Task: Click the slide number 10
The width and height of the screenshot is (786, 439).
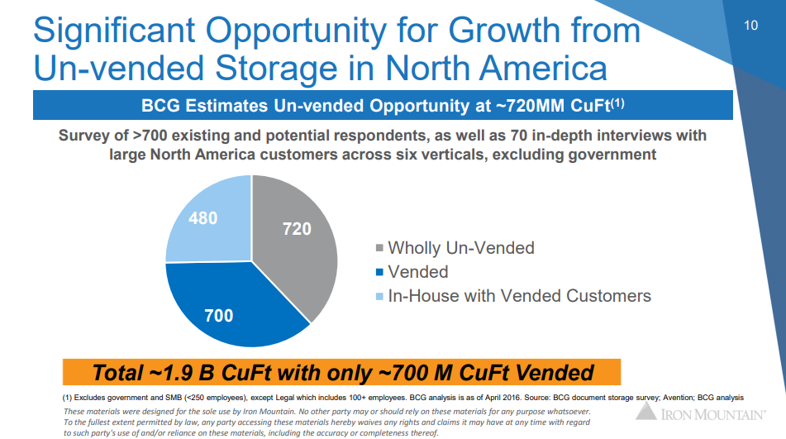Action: [x=750, y=26]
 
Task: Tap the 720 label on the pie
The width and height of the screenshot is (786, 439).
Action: [x=297, y=229]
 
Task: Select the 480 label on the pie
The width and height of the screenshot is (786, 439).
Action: [x=202, y=218]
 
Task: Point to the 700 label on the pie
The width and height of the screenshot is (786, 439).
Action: [x=218, y=315]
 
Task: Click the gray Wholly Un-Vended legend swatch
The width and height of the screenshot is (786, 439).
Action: [x=379, y=249]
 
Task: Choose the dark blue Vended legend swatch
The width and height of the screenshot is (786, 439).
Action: [x=379, y=273]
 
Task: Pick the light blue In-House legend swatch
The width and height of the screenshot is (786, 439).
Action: [x=379, y=297]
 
